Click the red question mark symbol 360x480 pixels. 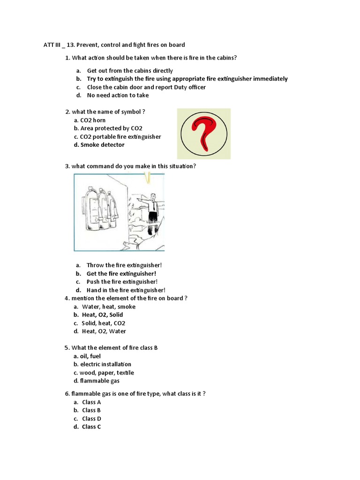click(x=203, y=133)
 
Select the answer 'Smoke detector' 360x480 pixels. click(x=102, y=145)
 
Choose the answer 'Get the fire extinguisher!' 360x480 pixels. click(x=121, y=273)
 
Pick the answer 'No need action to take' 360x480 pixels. click(x=118, y=95)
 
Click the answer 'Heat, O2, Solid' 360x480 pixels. click(x=102, y=315)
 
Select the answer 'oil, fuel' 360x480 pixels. click(x=90, y=356)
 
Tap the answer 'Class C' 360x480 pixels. click(x=91, y=427)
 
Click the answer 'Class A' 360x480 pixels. click(x=91, y=402)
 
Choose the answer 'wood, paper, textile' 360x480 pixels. click(x=106, y=373)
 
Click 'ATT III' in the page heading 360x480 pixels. click(x=52, y=45)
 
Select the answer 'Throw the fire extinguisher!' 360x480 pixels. click(x=124, y=265)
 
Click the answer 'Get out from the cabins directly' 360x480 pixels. click(x=130, y=71)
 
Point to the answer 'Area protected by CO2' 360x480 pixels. click(x=111, y=128)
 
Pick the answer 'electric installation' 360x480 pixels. click(x=105, y=364)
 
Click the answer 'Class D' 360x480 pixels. click(x=91, y=419)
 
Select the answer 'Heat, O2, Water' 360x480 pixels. click(x=103, y=331)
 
